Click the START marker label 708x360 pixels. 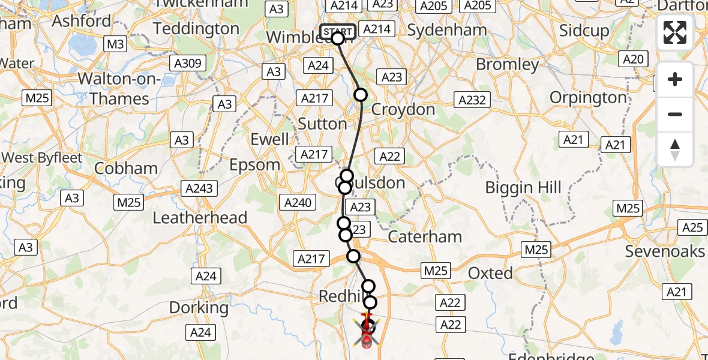click(337, 31)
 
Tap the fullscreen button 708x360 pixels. click(675, 32)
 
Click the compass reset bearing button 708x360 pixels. click(675, 149)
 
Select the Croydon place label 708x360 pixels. click(403, 109)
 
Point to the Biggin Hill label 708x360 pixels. click(523, 188)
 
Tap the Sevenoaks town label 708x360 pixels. click(665, 251)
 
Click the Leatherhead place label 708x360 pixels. click(200, 217)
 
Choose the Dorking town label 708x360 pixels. click(199, 308)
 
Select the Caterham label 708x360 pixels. click(425, 236)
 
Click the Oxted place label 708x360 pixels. click(490, 273)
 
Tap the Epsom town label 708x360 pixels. click(256, 164)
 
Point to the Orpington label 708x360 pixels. click(588, 97)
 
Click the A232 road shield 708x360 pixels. click(472, 100)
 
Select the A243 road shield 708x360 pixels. click(199, 188)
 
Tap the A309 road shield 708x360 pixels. click(187, 63)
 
